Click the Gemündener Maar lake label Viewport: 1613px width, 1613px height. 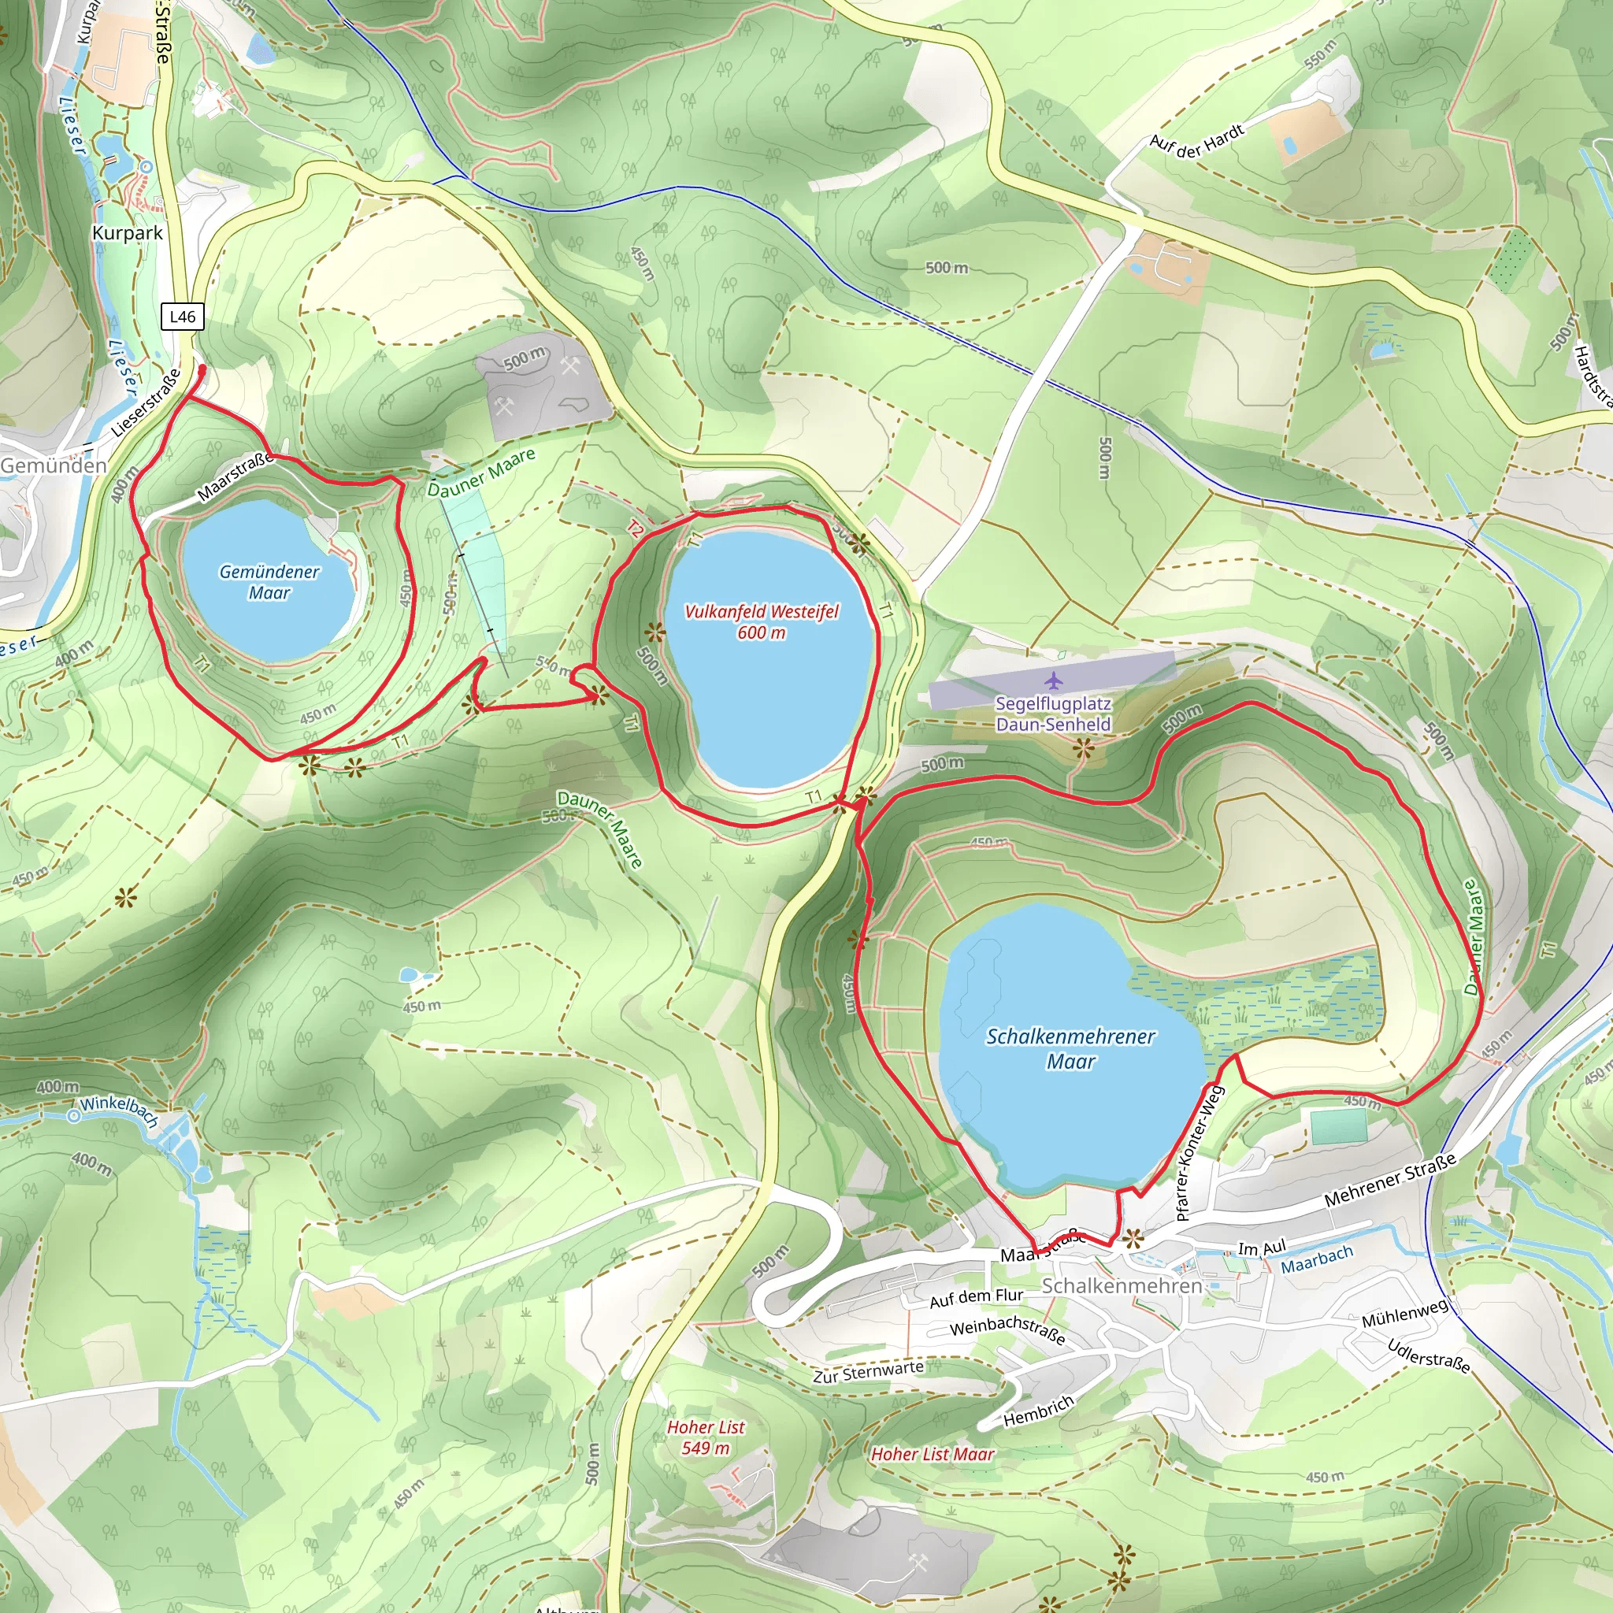[x=269, y=582]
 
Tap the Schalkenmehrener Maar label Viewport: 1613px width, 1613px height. [x=1070, y=1048]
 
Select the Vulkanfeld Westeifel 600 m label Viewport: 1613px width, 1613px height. [x=762, y=621]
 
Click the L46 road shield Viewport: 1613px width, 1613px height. [x=182, y=317]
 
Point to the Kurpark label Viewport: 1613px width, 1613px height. [x=128, y=233]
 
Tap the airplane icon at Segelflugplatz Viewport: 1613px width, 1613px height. [x=1054, y=680]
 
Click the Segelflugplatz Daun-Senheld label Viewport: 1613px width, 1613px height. [x=1054, y=714]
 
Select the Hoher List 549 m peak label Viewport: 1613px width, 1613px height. [x=706, y=1437]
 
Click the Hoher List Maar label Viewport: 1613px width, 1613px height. [x=933, y=1455]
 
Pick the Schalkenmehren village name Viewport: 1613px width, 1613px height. [x=1122, y=1285]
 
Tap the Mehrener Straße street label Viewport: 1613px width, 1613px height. [x=1390, y=1180]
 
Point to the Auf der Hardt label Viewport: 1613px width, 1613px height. [x=1196, y=138]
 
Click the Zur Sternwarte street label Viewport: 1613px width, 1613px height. [x=868, y=1372]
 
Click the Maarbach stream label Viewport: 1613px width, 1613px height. [x=1317, y=1260]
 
